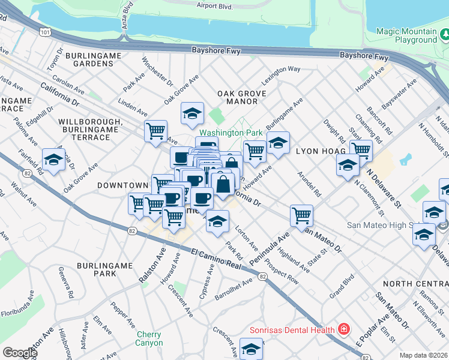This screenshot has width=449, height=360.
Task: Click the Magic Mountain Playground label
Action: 406,35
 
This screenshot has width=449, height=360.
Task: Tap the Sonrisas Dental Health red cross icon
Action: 343,329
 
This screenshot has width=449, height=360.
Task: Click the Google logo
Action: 19,353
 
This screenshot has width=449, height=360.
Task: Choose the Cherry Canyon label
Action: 149,338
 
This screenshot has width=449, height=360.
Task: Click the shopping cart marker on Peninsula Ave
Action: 301,215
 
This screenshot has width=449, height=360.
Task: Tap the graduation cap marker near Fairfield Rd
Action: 53,160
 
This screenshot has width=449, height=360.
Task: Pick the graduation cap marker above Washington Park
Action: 192,113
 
